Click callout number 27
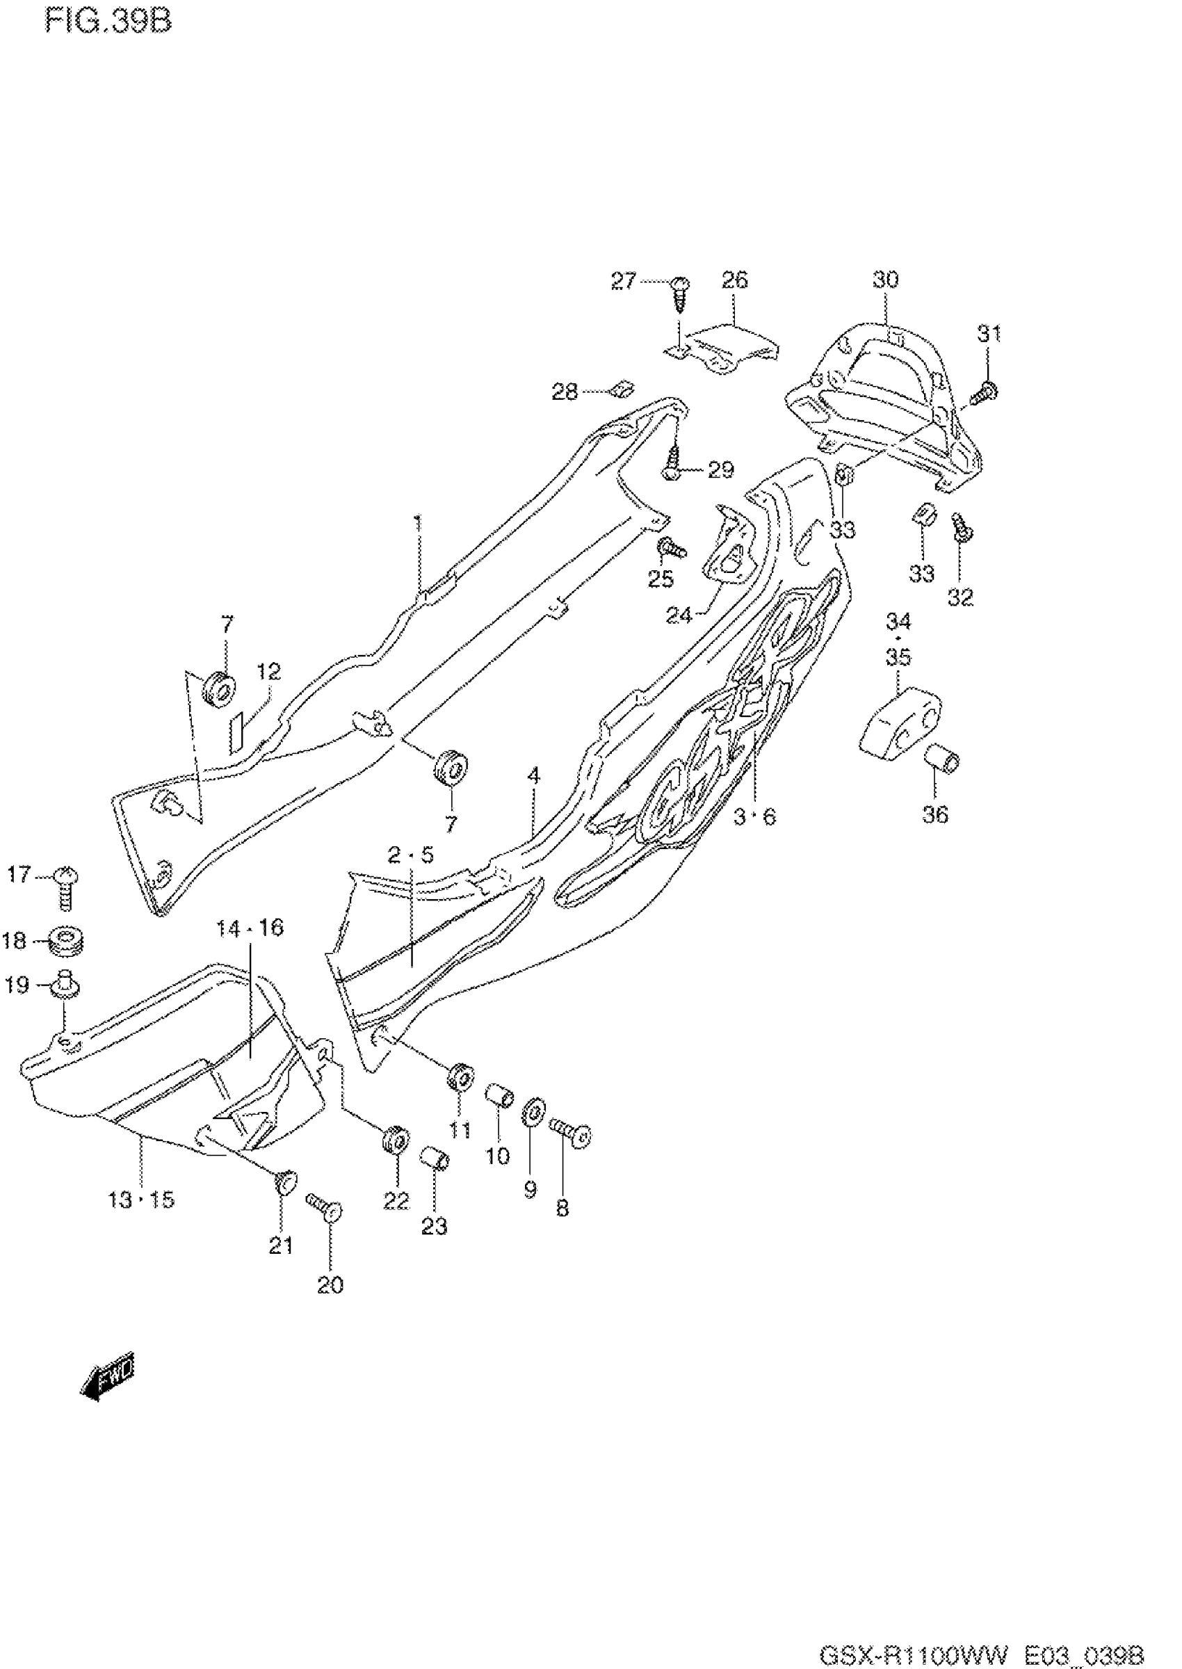623,280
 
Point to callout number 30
885,280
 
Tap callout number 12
268,670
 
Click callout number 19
17,985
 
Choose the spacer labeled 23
435,1156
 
